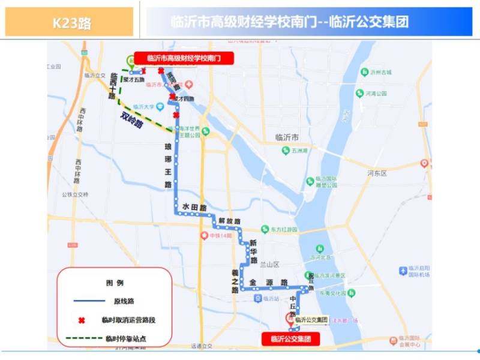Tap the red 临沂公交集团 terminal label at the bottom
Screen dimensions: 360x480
[x=290, y=339]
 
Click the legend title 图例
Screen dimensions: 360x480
[x=114, y=283]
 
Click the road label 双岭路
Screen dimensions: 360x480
[x=131, y=119]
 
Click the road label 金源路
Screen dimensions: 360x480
[x=268, y=282]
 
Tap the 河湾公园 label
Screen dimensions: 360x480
[x=376, y=94]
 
